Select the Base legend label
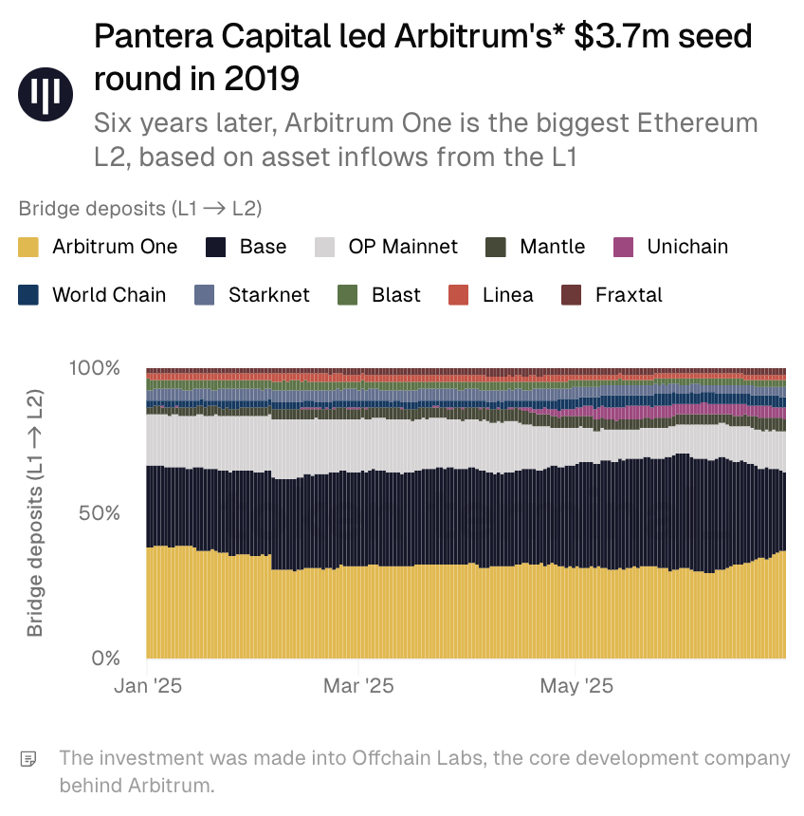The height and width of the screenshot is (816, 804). (263, 248)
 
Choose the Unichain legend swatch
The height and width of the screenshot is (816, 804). (624, 248)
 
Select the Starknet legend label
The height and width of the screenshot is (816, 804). (268, 295)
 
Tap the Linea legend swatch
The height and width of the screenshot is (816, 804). (459, 295)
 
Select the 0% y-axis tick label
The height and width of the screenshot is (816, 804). (106, 658)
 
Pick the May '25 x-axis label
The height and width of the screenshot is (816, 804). (576, 686)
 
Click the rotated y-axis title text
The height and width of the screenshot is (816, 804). (35, 512)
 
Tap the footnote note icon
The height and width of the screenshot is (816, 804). (29, 759)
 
